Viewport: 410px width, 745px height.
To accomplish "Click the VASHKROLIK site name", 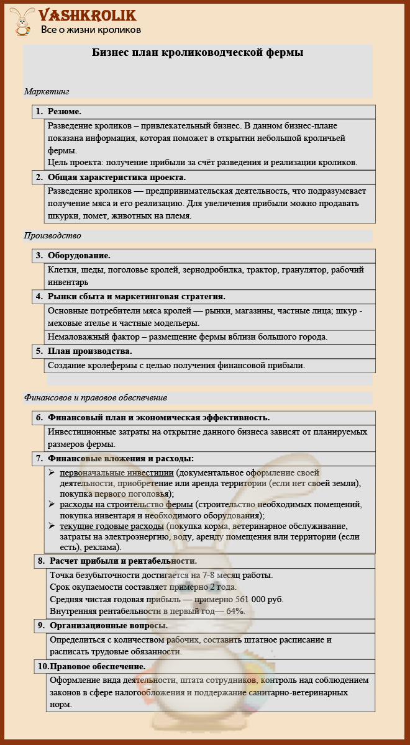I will click(x=87, y=16).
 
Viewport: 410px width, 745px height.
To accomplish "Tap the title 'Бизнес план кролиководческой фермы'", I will click(x=198, y=53).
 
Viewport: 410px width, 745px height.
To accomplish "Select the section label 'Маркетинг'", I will click(x=47, y=91).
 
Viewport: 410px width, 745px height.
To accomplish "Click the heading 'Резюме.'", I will click(x=65, y=111).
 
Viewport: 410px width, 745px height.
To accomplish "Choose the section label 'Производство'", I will click(x=53, y=236).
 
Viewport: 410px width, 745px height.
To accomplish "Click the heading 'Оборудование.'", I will click(x=79, y=255).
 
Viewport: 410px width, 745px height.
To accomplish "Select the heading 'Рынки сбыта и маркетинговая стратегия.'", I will click(x=136, y=297).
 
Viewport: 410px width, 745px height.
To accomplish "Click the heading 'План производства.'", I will click(x=89, y=351).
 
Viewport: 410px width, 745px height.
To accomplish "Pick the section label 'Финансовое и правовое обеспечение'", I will click(x=96, y=397).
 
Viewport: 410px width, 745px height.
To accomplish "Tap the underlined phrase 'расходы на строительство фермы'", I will click(x=126, y=505).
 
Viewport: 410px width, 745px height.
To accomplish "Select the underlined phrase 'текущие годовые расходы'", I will click(x=111, y=526).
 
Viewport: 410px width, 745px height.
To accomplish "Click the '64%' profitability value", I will click(x=235, y=611).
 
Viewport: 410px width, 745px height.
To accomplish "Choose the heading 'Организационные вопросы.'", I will click(x=109, y=625).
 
